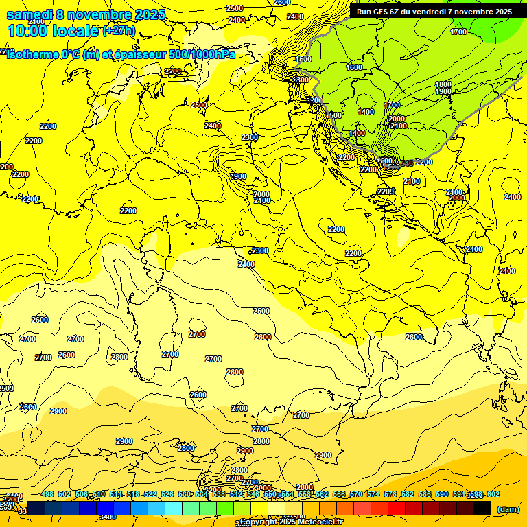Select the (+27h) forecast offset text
click(x=119, y=31)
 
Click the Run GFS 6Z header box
click(x=434, y=12)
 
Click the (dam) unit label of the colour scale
click(x=508, y=509)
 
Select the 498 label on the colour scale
click(x=47, y=494)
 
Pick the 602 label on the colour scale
click(x=493, y=494)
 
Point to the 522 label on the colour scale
click(x=150, y=494)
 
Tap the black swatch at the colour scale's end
click(x=482, y=508)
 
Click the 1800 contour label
click(x=443, y=84)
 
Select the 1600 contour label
click(x=354, y=67)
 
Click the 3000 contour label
click(x=263, y=488)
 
